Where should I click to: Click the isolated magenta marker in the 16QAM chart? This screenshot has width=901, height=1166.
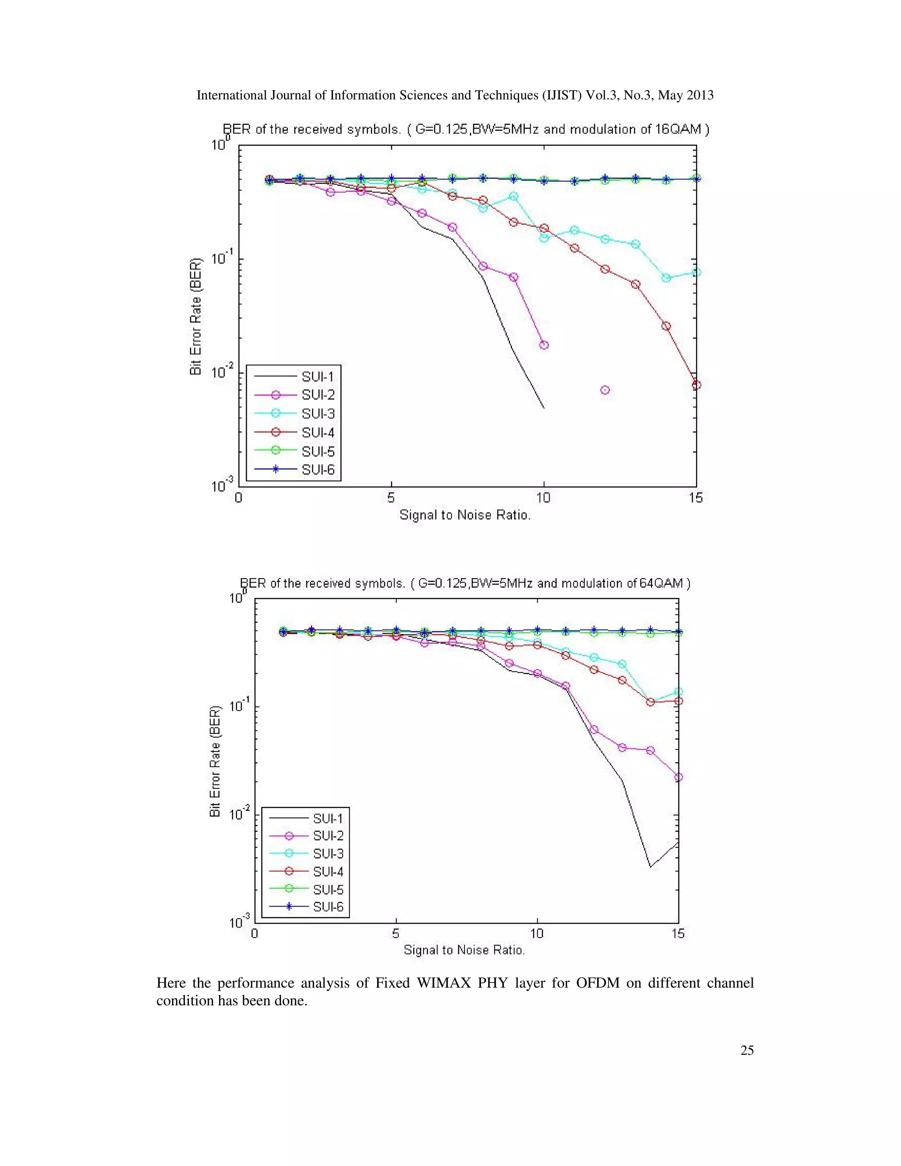(x=605, y=390)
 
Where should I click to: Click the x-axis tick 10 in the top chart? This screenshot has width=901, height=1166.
(x=543, y=498)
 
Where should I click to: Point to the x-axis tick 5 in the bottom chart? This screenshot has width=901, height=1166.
(x=396, y=933)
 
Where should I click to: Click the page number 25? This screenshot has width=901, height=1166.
(x=747, y=1050)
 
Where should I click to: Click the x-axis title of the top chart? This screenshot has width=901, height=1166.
(x=465, y=515)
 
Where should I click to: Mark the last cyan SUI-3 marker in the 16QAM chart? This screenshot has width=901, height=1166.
(x=696, y=272)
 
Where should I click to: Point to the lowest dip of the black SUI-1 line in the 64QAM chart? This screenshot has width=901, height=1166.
(x=650, y=866)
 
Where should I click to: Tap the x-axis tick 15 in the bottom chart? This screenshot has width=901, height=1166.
(x=678, y=933)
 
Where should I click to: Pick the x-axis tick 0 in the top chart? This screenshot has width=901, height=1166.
(x=238, y=498)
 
